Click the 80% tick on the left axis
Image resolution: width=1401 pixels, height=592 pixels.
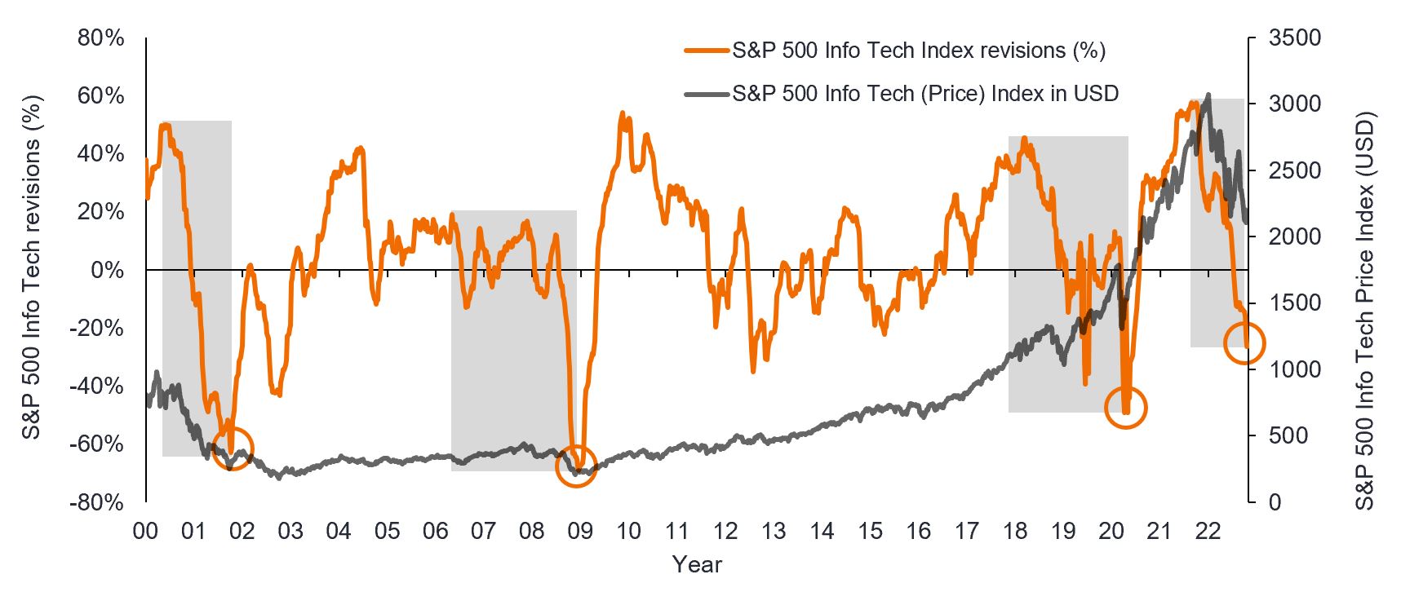coord(101,38)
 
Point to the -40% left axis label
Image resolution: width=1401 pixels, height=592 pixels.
coord(98,386)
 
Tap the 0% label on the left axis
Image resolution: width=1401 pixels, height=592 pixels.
coord(108,270)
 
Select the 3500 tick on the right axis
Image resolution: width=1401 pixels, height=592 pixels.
coord(1295,38)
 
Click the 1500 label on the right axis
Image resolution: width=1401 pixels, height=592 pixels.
coord(1295,303)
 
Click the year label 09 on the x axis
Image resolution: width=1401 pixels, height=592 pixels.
coord(580,532)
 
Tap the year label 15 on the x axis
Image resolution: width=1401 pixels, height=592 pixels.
coord(870,532)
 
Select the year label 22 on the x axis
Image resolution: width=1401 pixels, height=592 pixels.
coord(1208,532)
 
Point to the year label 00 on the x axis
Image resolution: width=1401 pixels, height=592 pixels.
coord(145,532)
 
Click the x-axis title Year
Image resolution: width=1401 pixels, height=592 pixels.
coord(697,564)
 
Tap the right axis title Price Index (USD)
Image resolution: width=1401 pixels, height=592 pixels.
coord(1364,310)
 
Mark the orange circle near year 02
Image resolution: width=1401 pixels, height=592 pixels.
coord(233,448)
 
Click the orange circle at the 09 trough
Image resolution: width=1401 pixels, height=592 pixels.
coord(576,466)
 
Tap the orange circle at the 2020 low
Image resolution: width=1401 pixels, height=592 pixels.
coord(1126,407)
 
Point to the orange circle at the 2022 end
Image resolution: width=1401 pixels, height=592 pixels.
coord(1244,342)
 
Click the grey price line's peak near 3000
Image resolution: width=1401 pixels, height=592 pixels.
coord(1208,95)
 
